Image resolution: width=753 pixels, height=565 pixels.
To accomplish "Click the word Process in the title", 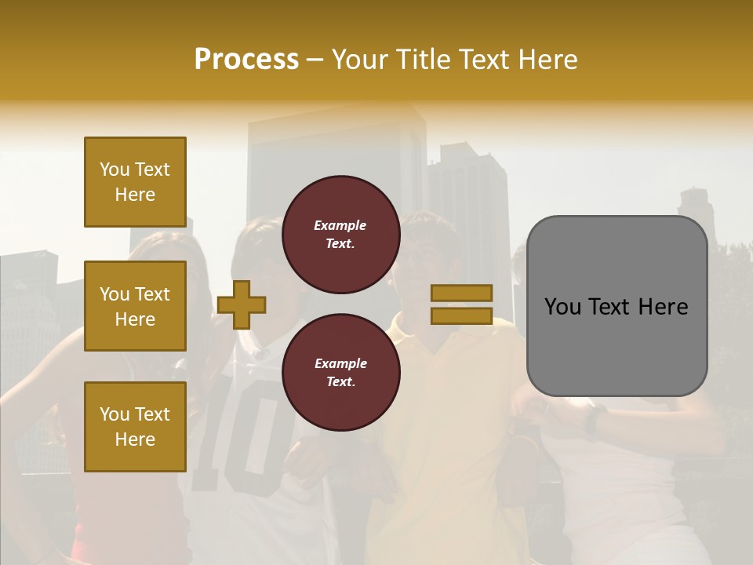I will coord(246,60).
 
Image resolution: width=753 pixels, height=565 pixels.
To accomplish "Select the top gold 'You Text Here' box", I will coord(135,182).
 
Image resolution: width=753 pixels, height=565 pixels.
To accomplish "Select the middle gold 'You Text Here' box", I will coord(135,306).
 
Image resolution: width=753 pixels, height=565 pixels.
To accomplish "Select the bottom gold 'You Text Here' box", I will coord(135,427).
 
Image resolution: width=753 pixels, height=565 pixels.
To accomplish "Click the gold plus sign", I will coord(242,304).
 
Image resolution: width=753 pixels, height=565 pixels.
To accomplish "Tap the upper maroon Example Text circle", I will coord(340,235).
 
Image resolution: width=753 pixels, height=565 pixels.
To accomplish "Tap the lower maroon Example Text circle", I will coord(340,373).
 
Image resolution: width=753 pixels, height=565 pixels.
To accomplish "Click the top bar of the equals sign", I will coord(461,293).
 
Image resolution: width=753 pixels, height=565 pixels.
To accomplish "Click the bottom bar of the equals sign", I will coord(461,316).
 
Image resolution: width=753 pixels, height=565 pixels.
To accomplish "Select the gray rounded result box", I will coord(617,306).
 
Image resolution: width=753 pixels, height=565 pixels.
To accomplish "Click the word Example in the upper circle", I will coord(340,225).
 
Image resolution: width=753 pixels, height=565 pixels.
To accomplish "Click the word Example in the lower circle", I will coord(340,363).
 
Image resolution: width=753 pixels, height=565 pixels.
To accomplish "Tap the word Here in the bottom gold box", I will coord(135,439).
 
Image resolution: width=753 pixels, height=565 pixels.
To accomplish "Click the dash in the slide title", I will coord(315,60).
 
